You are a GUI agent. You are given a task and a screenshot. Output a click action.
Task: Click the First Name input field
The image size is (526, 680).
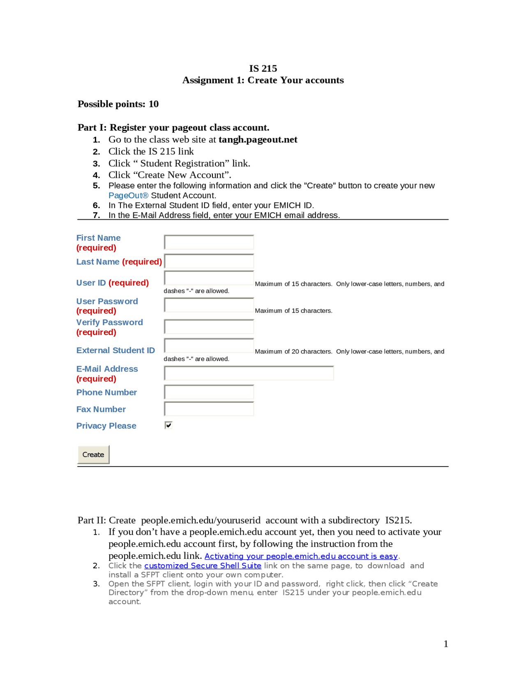click(209, 242)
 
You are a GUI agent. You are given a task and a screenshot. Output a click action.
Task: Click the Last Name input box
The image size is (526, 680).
click(209, 261)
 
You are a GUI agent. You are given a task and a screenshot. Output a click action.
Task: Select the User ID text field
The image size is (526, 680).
click(209, 278)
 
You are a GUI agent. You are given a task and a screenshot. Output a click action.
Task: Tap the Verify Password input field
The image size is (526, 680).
click(209, 327)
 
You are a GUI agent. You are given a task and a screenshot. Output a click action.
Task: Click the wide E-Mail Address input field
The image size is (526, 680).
click(249, 373)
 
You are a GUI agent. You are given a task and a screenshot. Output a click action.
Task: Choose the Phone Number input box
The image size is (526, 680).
click(209, 392)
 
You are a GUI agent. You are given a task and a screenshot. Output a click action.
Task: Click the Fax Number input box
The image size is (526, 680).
click(209, 409)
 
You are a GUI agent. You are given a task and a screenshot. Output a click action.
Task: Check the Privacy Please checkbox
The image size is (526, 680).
click(168, 425)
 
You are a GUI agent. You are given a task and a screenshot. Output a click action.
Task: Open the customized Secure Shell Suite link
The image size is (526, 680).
click(203, 565)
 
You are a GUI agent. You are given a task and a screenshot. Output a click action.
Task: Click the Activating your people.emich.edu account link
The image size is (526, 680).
click(301, 556)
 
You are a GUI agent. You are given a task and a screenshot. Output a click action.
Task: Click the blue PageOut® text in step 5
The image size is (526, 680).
click(128, 195)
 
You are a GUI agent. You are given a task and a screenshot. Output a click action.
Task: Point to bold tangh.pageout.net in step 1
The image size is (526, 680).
click(258, 140)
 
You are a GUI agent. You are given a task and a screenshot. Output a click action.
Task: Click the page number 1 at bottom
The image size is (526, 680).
click(445, 644)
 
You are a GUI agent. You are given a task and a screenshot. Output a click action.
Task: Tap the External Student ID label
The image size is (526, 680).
click(115, 350)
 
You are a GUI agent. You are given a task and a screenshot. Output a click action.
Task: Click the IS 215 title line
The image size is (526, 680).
click(263, 69)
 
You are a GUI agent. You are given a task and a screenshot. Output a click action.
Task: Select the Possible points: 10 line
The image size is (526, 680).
click(118, 104)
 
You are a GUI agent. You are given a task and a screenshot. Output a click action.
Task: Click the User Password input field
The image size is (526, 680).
click(209, 305)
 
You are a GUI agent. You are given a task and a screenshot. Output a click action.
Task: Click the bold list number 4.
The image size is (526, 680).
click(97, 175)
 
